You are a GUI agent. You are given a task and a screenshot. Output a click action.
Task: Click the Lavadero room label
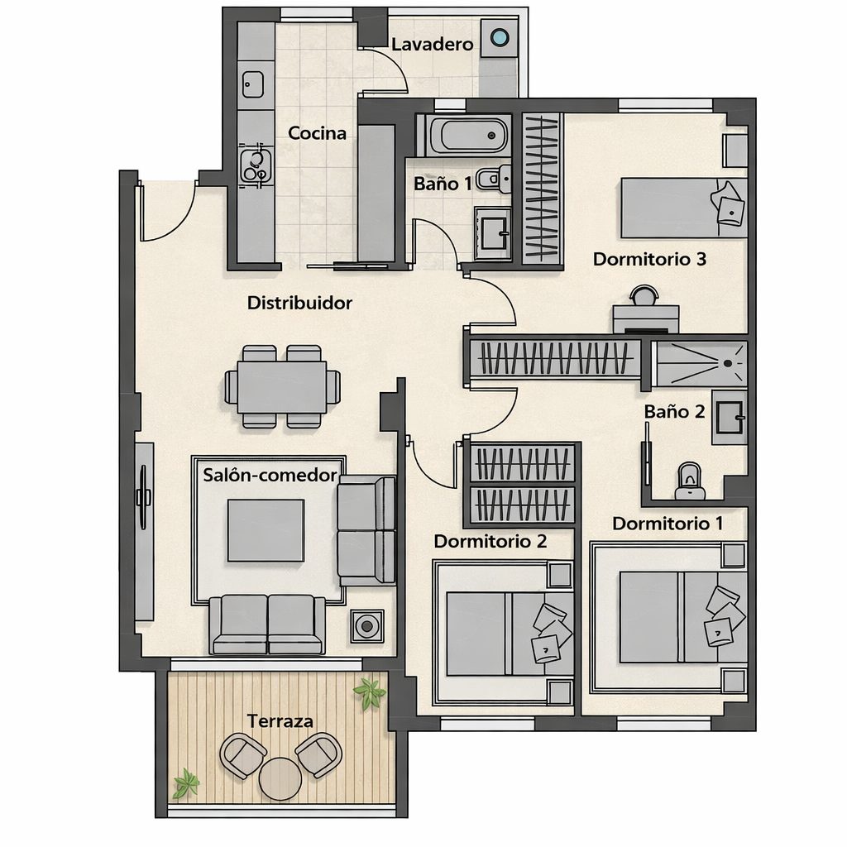click(432, 44)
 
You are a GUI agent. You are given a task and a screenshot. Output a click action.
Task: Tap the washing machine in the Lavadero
click(499, 38)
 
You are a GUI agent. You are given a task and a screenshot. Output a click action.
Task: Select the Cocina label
click(317, 133)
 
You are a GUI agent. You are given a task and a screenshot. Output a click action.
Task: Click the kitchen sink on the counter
click(252, 85)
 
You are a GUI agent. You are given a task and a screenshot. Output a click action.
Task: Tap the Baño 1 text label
click(443, 184)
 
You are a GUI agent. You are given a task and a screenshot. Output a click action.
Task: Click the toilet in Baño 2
click(690, 481)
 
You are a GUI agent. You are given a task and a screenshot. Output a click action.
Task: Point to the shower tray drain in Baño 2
click(728, 364)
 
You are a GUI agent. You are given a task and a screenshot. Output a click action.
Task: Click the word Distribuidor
click(299, 303)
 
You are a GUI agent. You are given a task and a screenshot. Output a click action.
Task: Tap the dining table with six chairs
click(282, 387)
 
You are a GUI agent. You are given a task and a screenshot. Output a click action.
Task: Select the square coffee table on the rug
click(266, 530)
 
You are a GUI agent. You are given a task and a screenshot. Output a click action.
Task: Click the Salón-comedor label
click(270, 475)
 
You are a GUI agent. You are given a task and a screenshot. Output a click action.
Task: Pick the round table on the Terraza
click(280, 778)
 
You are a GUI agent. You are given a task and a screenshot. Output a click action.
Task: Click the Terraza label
click(280, 720)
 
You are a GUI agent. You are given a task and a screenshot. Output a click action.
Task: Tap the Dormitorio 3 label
click(649, 259)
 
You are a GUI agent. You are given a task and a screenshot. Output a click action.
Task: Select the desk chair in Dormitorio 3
click(644, 295)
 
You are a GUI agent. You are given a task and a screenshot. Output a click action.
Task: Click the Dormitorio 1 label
click(668, 523)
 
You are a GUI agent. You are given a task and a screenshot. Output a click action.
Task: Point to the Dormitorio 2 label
click(490, 541)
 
